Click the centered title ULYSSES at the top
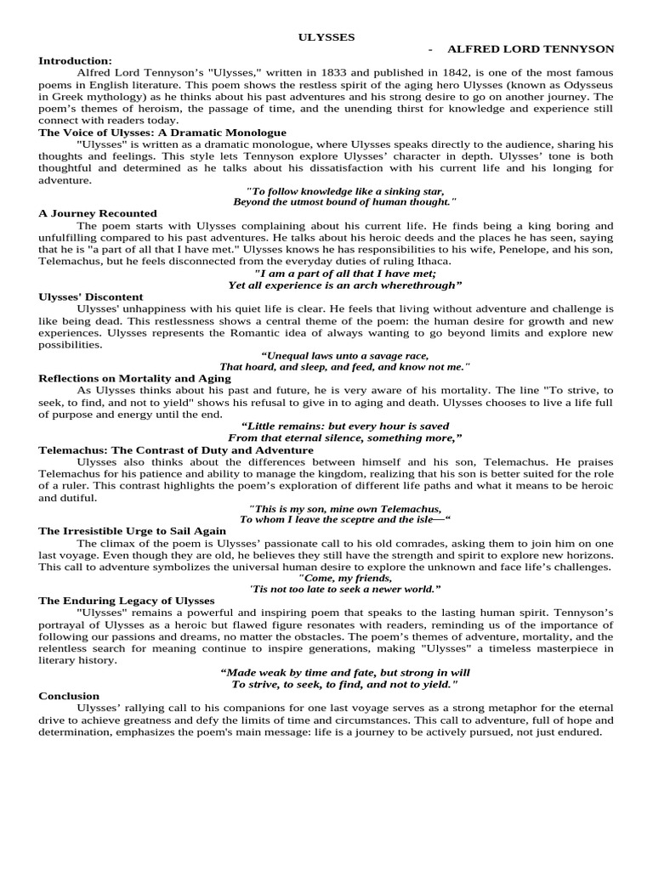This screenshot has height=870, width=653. click(x=326, y=37)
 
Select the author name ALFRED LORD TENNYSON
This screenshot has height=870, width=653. click(x=531, y=49)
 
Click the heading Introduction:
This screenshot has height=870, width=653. click(x=75, y=60)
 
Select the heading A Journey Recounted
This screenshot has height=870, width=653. click(x=98, y=213)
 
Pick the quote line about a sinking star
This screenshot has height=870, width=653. click(x=344, y=191)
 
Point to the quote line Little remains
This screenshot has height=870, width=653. click(x=344, y=426)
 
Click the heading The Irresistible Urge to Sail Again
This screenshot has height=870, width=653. click(x=133, y=530)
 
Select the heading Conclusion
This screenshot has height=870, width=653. click(x=69, y=696)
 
